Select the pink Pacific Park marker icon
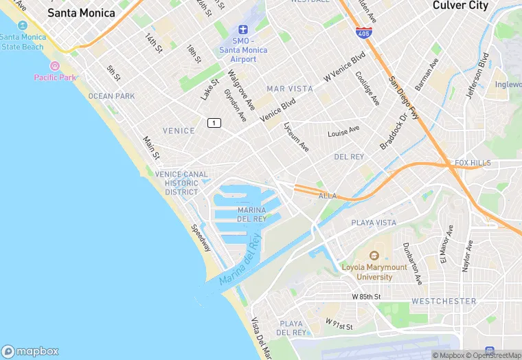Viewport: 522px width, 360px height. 55,67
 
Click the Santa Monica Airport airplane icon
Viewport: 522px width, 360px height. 241,29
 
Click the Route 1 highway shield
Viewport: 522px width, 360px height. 215,122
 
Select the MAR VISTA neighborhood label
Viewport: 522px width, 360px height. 289,89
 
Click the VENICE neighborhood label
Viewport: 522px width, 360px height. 179,131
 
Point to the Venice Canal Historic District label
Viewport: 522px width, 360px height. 181,183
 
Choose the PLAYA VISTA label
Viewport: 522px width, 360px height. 374,223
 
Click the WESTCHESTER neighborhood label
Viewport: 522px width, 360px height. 444,301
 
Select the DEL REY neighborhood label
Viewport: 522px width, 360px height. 348,157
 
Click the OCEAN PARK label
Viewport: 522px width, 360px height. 112,96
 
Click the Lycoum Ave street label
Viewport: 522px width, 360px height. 296,137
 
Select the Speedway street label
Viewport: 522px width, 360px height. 201,238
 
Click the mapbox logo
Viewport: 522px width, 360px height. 31,350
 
